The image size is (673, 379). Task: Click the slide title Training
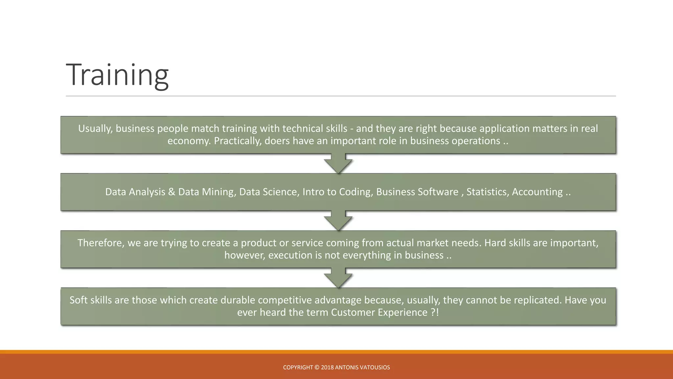click(117, 75)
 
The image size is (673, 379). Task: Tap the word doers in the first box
click(277, 141)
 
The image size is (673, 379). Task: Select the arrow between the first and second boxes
click(338, 164)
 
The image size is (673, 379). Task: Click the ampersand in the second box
click(172, 192)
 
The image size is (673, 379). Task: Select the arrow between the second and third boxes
click(338, 221)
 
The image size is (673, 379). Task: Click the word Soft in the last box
click(79, 300)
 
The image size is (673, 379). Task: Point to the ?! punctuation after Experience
click(435, 313)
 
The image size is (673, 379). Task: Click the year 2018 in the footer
click(327, 367)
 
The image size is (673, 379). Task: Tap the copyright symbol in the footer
click(317, 367)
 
